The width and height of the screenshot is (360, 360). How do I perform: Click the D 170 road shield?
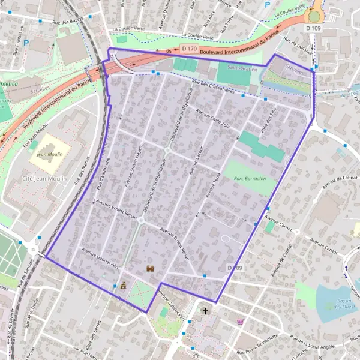[188, 48]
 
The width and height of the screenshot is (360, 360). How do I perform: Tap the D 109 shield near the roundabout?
[313, 28]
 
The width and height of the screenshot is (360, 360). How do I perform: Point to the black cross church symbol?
[205, 311]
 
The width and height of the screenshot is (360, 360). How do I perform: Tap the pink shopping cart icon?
[241, 322]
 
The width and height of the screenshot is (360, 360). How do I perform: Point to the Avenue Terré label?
[213, 184]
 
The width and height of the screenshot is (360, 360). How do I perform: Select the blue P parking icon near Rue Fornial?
[26, 43]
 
